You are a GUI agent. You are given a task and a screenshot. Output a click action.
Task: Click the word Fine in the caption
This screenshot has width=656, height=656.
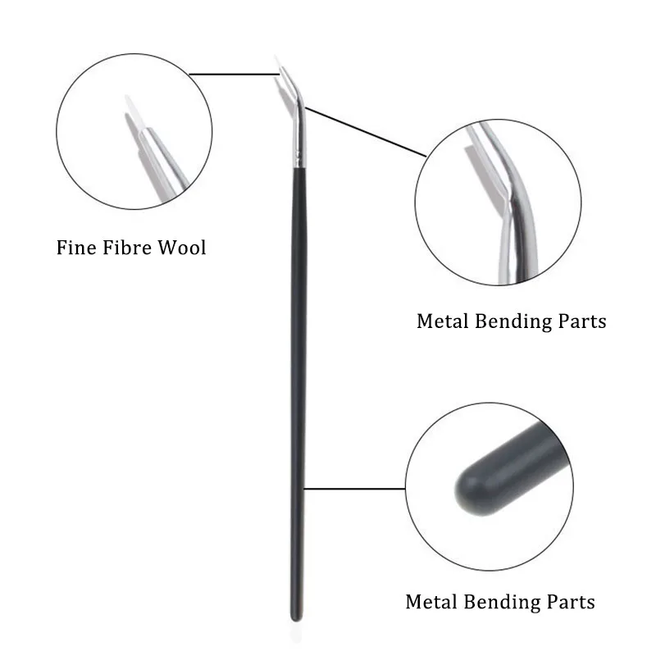tap(76, 247)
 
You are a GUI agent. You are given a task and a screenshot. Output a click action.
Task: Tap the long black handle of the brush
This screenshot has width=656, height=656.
tap(298, 369)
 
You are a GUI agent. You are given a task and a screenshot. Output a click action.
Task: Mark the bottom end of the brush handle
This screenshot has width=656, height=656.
tap(294, 617)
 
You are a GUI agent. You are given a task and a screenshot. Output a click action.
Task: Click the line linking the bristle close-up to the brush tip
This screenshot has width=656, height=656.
tap(234, 75)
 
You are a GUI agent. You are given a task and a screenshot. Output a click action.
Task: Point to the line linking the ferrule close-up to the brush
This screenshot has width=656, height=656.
tap(365, 131)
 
